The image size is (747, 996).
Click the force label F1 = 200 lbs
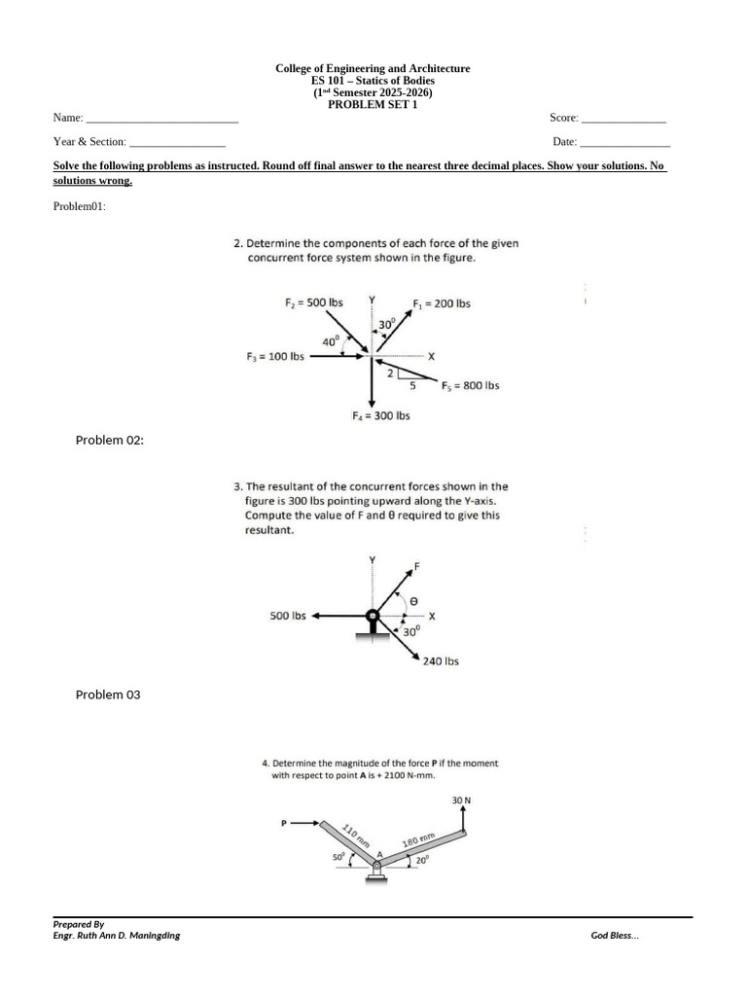tap(442, 303)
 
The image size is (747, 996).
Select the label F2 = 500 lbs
tap(314, 302)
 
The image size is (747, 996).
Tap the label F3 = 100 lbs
tap(275, 357)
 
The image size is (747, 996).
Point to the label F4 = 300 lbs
tap(380, 415)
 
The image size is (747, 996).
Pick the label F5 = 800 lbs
tap(470, 385)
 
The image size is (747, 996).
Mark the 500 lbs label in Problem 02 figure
tap(288, 616)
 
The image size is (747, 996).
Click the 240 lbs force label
tap(441, 661)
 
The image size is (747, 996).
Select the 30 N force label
tap(461, 800)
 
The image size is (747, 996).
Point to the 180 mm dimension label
tap(417, 839)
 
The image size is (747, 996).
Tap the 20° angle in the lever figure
tap(421, 861)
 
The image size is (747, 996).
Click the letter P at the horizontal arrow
tap(285, 824)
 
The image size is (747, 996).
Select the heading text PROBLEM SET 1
tap(373, 105)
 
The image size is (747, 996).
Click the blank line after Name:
tap(161, 119)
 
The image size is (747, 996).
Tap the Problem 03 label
tap(108, 694)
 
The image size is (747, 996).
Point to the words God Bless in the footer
tap(615, 936)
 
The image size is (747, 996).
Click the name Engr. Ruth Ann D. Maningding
tap(117, 936)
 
